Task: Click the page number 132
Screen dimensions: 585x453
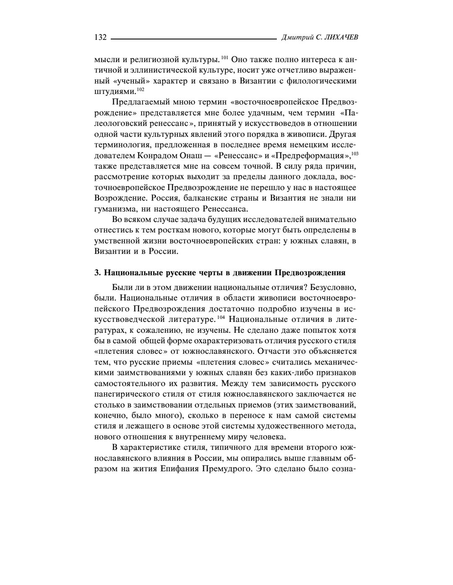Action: coord(100,38)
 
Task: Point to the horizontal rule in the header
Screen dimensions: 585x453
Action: coord(193,39)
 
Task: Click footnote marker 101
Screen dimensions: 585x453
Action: coord(224,57)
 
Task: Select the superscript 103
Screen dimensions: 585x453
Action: coord(355,154)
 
